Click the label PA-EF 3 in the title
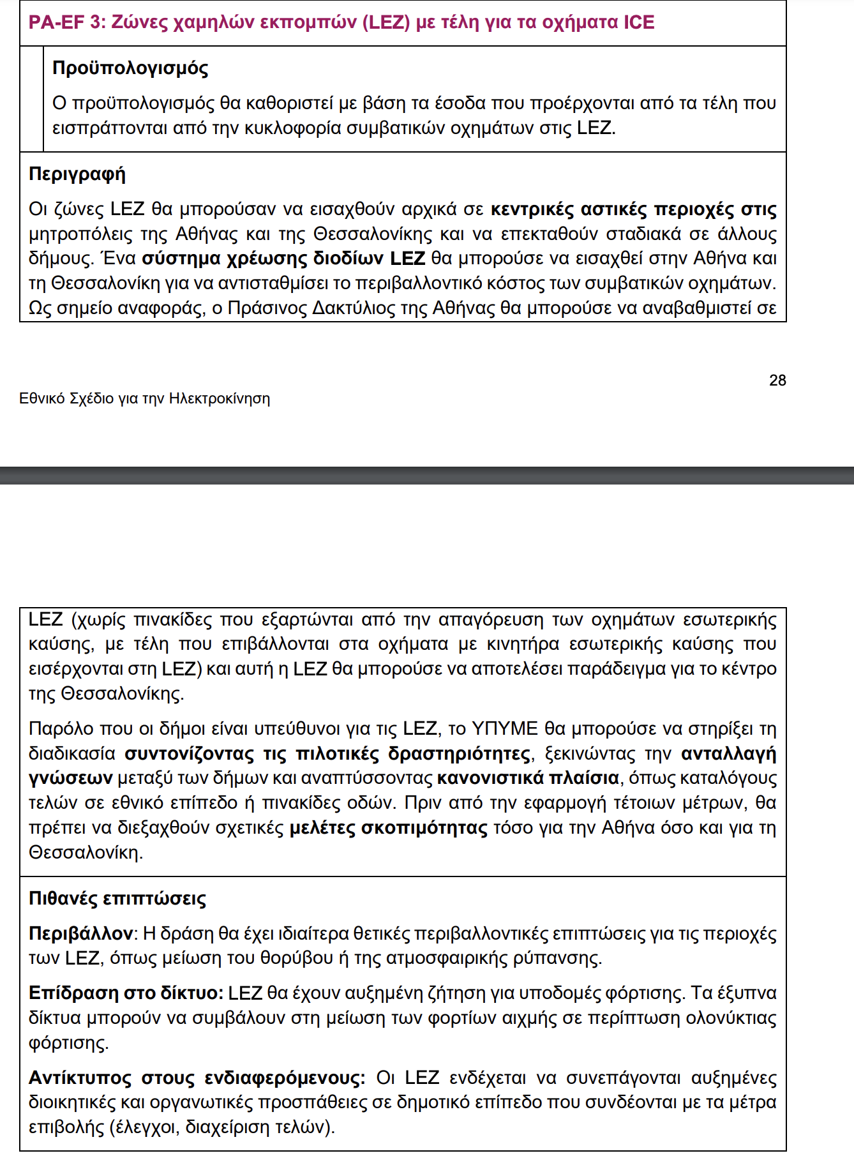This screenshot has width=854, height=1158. point(65,22)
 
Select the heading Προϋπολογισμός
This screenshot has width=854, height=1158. point(130,68)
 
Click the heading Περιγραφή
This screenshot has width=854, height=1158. point(77,174)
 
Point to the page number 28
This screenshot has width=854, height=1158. point(777,380)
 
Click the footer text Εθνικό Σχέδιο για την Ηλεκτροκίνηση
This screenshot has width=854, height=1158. point(144,399)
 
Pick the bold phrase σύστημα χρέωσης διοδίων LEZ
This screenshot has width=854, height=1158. point(283,259)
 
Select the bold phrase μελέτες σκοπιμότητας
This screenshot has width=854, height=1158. point(389,828)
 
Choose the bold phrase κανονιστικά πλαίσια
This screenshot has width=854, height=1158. point(528,778)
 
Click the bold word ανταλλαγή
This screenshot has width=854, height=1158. point(729,754)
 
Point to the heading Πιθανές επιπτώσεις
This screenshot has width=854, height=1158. point(117,899)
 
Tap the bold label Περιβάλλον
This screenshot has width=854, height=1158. point(80,934)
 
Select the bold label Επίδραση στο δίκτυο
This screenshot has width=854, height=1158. point(125,993)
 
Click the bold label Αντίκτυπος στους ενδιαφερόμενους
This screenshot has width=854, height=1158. point(197,1078)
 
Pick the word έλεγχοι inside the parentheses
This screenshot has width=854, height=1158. point(147,1127)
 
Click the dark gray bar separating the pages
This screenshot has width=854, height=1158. point(427,476)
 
